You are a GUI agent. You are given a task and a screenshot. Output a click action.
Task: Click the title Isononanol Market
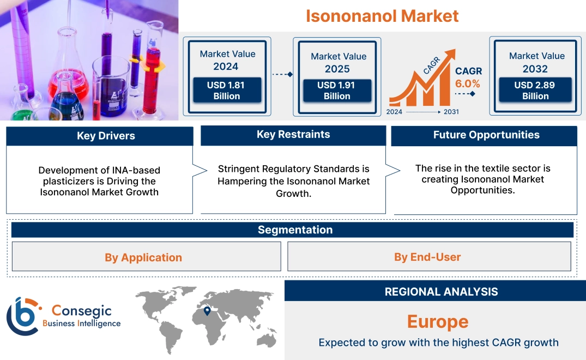pos(382,16)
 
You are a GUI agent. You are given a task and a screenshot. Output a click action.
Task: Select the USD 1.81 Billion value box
pos(227,90)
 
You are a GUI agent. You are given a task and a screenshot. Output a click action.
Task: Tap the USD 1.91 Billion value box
pos(337,90)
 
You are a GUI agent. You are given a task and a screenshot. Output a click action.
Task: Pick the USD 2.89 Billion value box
pos(535,90)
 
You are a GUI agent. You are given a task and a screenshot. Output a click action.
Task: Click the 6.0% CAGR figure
pos(468,83)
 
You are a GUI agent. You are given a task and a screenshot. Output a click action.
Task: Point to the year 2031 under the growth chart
pos(451,112)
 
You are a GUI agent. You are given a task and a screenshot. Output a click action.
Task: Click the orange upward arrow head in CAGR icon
pos(450,54)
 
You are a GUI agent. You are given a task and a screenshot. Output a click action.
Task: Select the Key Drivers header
pos(100,136)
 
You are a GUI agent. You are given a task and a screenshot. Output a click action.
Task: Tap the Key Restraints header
pos(293,135)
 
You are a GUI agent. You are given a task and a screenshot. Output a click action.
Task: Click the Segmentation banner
pos(295,230)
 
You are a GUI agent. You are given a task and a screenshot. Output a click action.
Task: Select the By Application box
pos(143,257)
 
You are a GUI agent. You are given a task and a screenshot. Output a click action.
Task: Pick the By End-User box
pos(427,257)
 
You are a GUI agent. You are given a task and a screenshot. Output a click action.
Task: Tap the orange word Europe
pos(438,322)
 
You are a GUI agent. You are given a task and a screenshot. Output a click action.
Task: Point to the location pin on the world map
pos(207,310)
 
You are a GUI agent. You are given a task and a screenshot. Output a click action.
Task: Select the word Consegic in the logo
pos(81,311)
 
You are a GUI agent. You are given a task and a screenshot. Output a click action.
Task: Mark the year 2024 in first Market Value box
pos(226,67)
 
